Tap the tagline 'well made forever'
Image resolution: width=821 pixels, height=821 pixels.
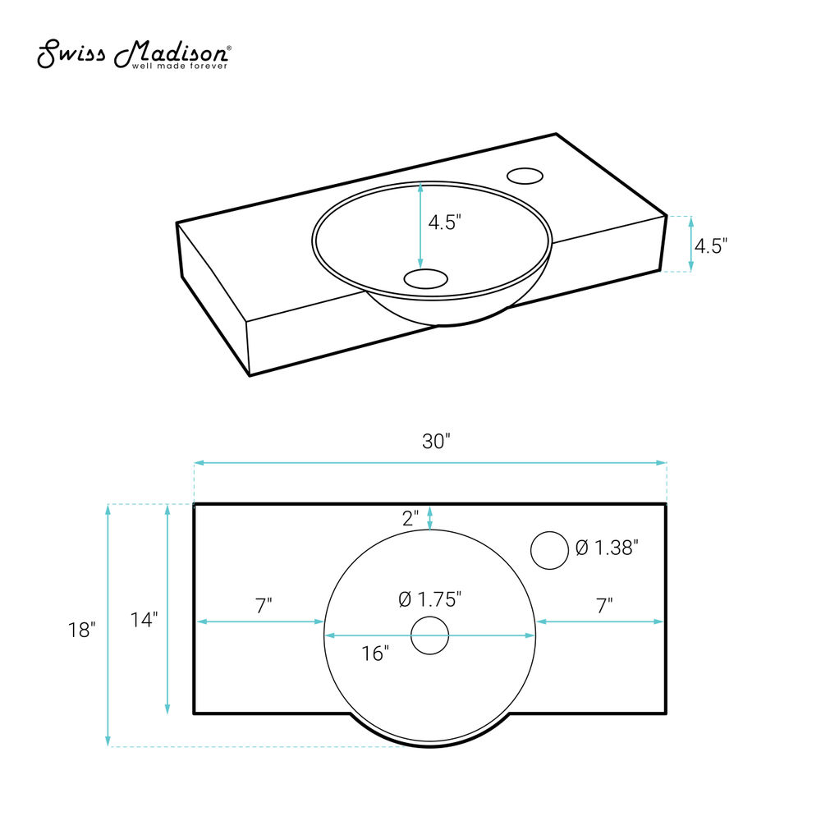click(x=180, y=67)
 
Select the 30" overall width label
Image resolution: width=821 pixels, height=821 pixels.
click(x=436, y=442)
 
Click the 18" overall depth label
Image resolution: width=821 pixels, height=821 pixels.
click(x=81, y=630)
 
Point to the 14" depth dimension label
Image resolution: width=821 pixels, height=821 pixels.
click(x=144, y=620)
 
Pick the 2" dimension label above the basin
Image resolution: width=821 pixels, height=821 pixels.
click(x=410, y=518)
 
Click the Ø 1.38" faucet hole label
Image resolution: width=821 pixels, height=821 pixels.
click(x=607, y=548)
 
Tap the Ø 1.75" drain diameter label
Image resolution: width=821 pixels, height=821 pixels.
click(x=430, y=599)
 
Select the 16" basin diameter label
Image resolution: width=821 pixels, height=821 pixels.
click(x=375, y=654)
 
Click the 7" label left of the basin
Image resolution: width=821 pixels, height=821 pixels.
click(x=264, y=606)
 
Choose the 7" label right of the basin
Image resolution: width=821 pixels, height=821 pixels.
click(x=604, y=606)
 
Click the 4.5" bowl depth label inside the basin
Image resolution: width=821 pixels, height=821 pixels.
click(x=444, y=222)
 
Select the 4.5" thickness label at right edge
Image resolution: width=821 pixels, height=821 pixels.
click(x=710, y=245)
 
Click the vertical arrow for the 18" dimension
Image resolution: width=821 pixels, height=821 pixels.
click(x=108, y=625)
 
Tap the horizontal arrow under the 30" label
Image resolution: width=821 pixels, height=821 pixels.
click(x=430, y=463)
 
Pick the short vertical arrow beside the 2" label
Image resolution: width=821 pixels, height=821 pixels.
click(x=430, y=518)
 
